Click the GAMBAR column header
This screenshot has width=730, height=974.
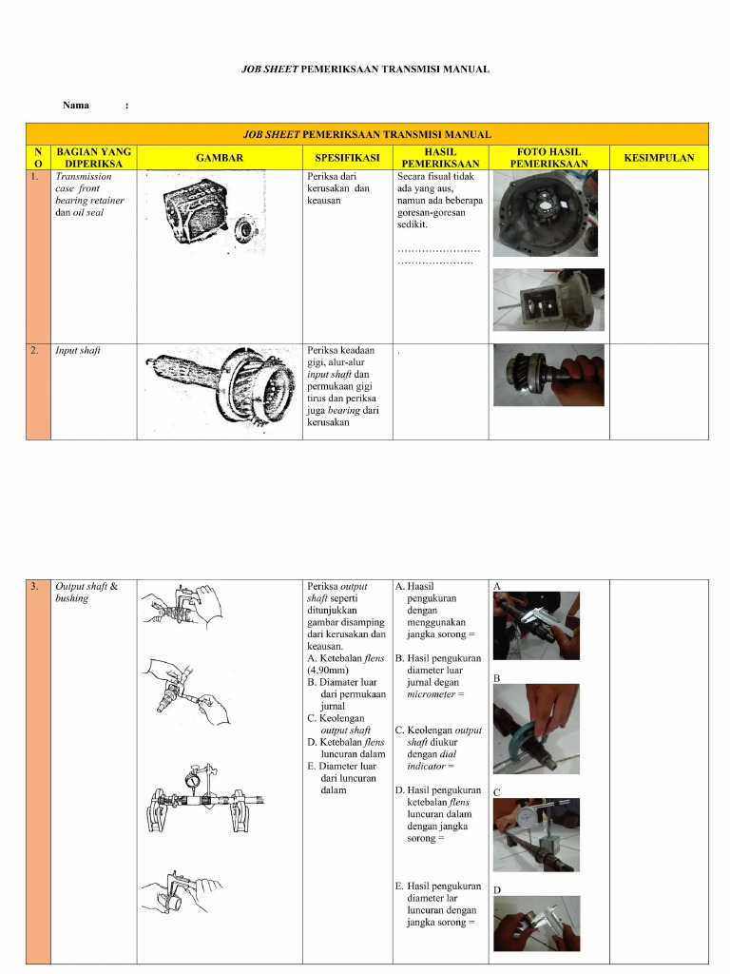(x=220, y=158)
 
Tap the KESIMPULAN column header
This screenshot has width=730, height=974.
(x=658, y=158)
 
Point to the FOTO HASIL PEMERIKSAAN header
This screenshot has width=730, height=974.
(x=548, y=158)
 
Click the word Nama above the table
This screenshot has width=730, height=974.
(x=76, y=105)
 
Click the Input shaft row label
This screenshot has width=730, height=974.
(x=78, y=351)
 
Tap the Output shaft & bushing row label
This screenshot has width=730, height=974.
(x=86, y=593)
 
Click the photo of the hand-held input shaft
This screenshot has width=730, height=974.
(x=548, y=374)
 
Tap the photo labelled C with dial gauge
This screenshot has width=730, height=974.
(x=535, y=834)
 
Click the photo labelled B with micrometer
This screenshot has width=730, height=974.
(x=535, y=728)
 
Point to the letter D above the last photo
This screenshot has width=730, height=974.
(x=497, y=890)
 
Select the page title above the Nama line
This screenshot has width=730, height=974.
(x=364, y=69)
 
